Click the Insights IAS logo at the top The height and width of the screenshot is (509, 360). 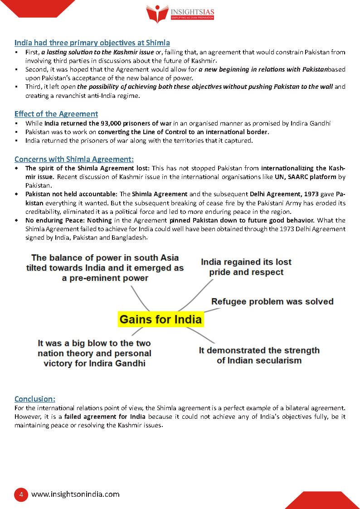coord(180,14)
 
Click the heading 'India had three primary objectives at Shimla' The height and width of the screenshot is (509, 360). coord(92,43)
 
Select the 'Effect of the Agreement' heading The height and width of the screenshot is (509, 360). coord(56,114)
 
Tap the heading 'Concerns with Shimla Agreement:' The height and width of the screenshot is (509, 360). coord(74,159)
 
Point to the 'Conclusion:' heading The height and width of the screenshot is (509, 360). coord(35,399)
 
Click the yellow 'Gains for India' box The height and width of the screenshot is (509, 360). coord(161,320)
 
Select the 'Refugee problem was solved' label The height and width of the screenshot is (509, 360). coord(272,301)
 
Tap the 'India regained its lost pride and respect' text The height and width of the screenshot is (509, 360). coord(246,267)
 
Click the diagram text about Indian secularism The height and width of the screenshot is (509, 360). coord(259,355)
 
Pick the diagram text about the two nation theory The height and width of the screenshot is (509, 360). coord(94,353)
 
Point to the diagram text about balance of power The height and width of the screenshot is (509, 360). coord(105,267)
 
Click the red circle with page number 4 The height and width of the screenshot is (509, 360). coord(21,494)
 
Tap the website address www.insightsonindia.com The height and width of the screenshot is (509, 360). coord(75,494)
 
